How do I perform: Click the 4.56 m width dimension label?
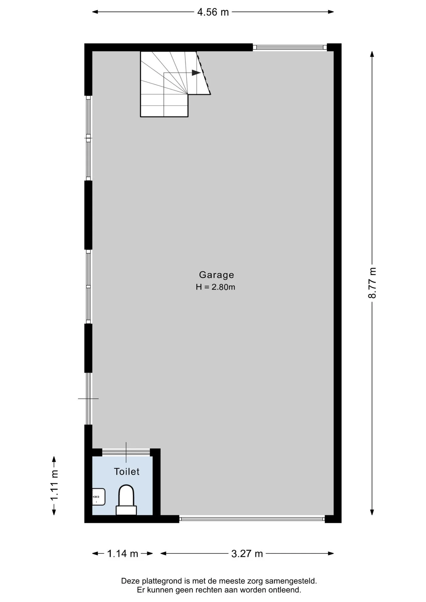213,12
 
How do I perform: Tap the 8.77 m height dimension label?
372,283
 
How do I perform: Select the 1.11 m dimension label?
54,485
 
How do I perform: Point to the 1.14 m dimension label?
123,554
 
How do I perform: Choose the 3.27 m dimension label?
247,554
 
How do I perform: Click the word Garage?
216,275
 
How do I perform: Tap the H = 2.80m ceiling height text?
216,287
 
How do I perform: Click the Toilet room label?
127,472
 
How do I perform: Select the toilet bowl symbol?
126,500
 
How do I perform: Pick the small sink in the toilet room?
99,497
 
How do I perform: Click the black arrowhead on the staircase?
196,73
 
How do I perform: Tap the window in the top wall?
290,47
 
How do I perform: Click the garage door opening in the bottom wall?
252,519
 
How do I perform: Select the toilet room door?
126,452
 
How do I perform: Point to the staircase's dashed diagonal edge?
203,73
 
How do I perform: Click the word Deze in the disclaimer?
129,581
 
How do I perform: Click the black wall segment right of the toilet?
157,482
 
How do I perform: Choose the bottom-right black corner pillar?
333,519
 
